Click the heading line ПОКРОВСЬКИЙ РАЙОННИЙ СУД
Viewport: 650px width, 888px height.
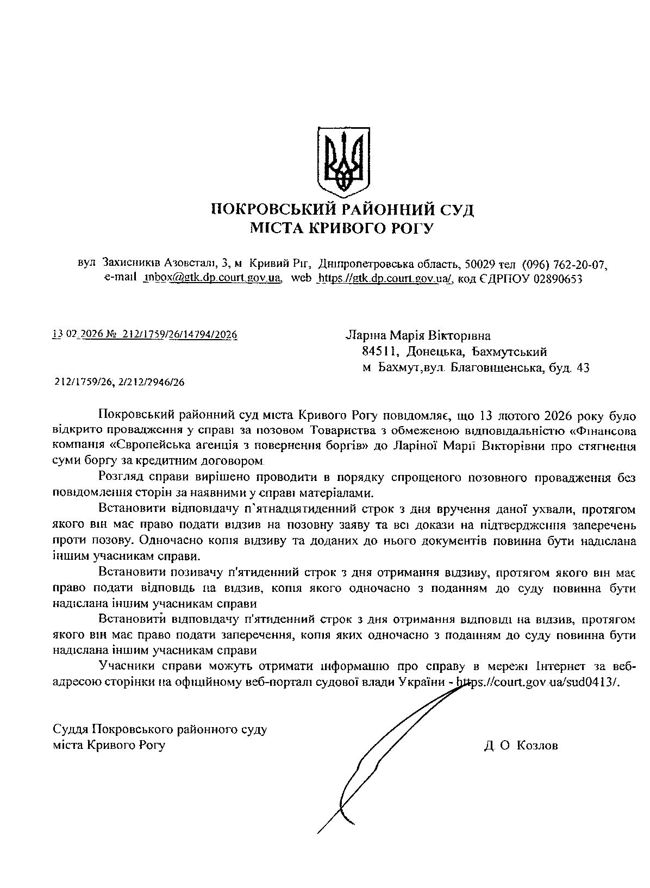(x=342, y=210)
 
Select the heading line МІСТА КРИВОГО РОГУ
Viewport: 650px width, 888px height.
(x=342, y=228)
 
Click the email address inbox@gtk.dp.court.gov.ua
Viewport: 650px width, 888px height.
(x=212, y=278)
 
